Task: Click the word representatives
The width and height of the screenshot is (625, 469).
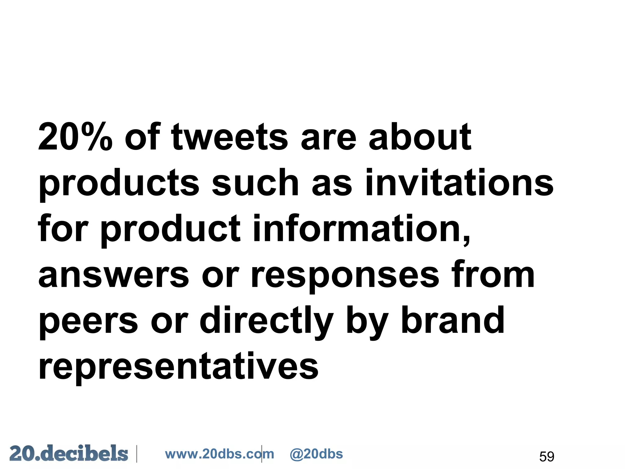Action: click(179, 366)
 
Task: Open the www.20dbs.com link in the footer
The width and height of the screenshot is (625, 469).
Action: click(219, 454)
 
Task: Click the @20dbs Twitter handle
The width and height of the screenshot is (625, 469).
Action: click(316, 454)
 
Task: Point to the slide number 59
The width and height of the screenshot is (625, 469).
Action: click(547, 456)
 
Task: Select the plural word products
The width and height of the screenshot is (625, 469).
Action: click(119, 183)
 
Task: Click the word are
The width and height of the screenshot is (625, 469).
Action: click(328, 137)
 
